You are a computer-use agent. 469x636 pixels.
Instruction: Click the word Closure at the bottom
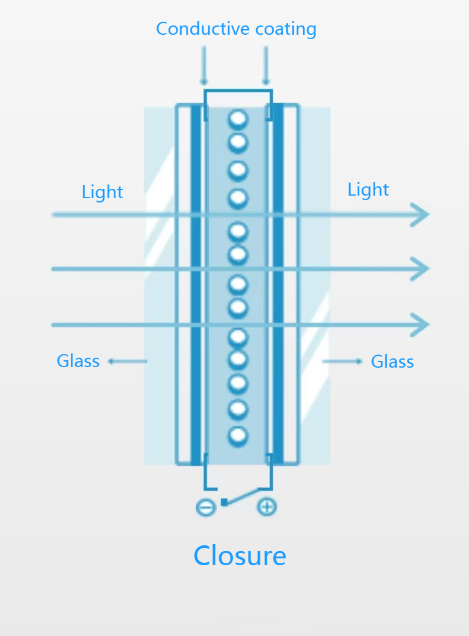click(239, 555)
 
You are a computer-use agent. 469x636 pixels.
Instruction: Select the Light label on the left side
click(102, 192)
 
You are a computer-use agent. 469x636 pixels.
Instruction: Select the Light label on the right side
click(368, 189)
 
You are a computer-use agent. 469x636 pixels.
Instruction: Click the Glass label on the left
click(78, 361)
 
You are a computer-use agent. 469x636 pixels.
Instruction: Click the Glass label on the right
click(392, 361)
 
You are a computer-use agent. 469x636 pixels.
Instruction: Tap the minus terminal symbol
click(206, 507)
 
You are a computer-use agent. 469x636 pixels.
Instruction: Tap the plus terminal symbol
click(266, 507)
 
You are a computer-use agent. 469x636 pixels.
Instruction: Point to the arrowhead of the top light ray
click(422, 215)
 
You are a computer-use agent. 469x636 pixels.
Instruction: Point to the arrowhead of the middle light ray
click(422, 269)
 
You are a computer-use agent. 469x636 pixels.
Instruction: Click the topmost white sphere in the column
click(238, 119)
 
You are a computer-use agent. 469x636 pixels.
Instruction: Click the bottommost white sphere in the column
click(238, 436)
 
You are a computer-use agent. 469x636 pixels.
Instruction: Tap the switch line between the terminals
click(243, 496)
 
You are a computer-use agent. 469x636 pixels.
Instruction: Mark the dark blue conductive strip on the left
click(196, 279)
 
